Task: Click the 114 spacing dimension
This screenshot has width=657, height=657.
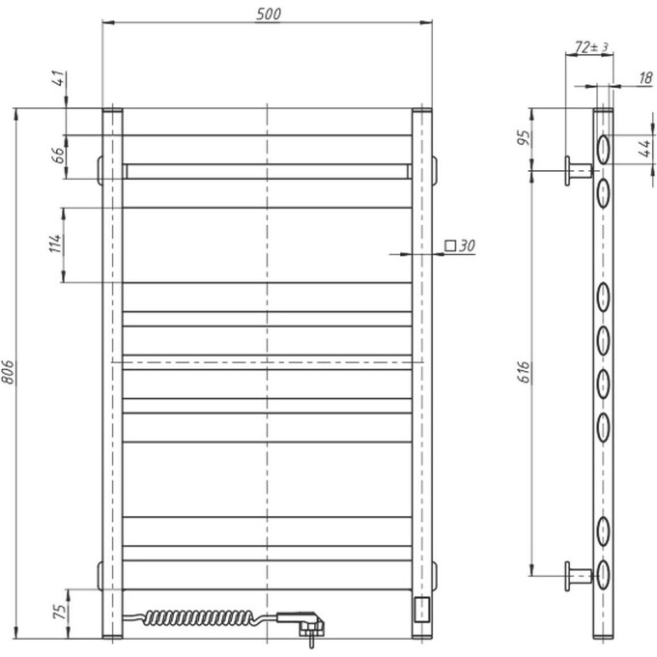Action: click(57, 243)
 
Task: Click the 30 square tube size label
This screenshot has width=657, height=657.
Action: click(467, 246)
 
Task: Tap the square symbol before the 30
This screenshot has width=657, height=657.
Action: click(450, 245)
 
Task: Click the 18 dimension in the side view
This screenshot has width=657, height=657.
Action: click(643, 79)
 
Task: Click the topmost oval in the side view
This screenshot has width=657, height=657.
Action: click(603, 148)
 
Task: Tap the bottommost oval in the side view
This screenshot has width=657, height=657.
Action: click(603, 575)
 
